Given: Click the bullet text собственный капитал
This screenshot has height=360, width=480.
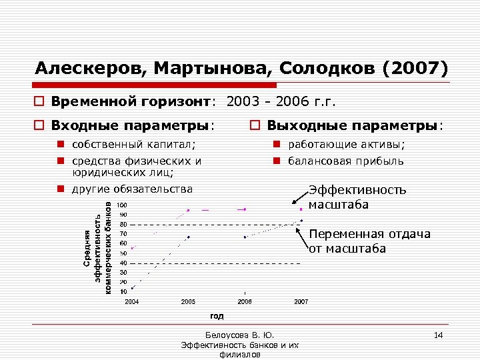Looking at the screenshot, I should click(x=134, y=144).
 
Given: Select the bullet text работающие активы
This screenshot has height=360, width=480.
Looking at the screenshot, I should click(x=346, y=144).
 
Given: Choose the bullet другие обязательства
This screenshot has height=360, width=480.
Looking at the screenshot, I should click(x=132, y=189).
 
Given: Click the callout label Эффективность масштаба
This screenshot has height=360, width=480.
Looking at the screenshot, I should click(x=357, y=197).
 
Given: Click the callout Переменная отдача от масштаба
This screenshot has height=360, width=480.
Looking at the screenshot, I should click(x=369, y=241).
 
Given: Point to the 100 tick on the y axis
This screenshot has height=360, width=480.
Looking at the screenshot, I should click(x=122, y=205).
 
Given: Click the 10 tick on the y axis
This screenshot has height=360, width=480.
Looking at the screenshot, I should click(x=123, y=292).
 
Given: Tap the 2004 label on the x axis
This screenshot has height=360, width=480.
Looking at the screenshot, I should click(x=132, y=302).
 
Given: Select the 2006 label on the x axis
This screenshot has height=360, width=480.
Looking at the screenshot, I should click(x=245, y=302).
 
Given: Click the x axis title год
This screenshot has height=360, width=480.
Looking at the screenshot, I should click(x=217, y=315).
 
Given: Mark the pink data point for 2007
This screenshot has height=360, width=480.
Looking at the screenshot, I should click(x=301, y=209).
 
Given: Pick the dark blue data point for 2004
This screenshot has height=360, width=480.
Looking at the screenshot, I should click(x=132, y=288).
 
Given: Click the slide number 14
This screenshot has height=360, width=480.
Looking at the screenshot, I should click(x=438, y=335).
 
